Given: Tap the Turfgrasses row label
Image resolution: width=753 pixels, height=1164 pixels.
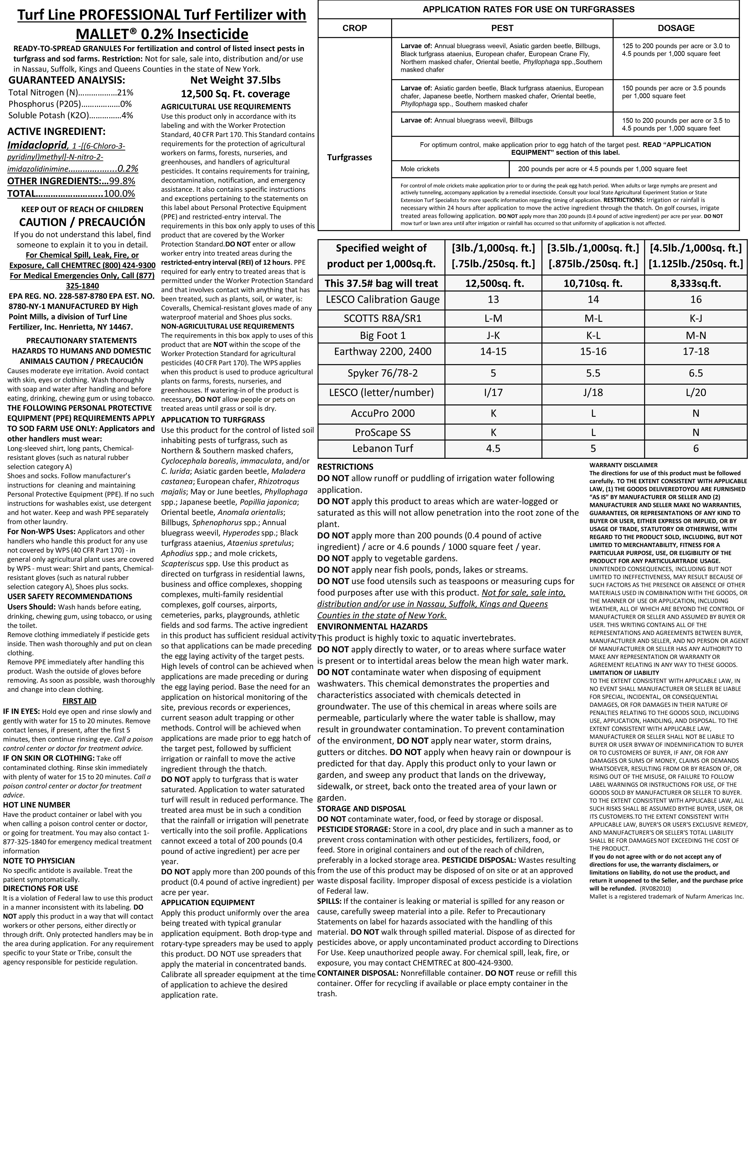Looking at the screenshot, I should pyautogui.click(x=350, y=157).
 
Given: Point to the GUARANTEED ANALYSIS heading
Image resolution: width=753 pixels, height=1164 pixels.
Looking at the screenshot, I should pyautogui.click(x=66, y=80).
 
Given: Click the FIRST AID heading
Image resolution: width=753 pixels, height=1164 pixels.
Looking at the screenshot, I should pyautogui.click(x=79, y=701).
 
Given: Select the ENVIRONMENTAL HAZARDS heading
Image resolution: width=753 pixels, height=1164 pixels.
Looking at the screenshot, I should pyautogui.click(x=372, y=627).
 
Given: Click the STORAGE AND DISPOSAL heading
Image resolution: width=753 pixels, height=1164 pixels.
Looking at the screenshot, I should pyautogui.click(x=361, y=809).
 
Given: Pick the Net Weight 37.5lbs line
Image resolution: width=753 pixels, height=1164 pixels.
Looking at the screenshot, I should pyautogui.click(x=235, y=80).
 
